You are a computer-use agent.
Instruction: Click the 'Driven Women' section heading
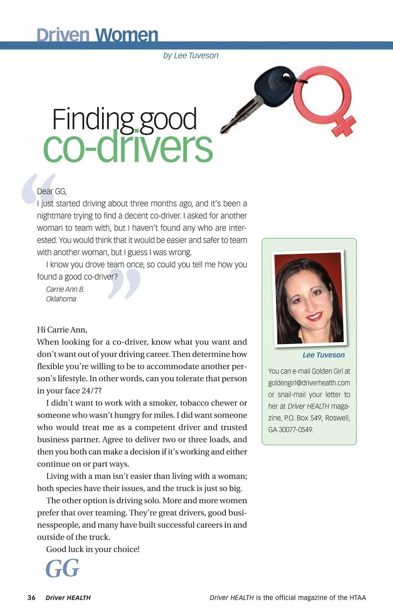[97, 35]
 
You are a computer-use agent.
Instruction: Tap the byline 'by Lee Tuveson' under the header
[191, 55]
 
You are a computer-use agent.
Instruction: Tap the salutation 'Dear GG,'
[52, 191]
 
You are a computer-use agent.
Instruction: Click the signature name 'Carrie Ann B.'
[65, 289]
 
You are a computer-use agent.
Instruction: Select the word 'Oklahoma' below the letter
[61, 299]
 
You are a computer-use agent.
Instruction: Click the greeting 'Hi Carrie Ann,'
[62, 330]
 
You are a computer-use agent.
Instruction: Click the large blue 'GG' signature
[62, 568]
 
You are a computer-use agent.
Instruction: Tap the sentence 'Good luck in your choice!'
[93, 549]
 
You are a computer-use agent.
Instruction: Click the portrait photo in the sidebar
[309, 299]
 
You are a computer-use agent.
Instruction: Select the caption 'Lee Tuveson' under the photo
[323, 355]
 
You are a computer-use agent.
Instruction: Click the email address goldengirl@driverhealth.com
[309, 383]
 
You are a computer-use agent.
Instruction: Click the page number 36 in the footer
[32, 597]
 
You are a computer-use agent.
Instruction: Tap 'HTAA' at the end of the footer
[358, 597]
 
